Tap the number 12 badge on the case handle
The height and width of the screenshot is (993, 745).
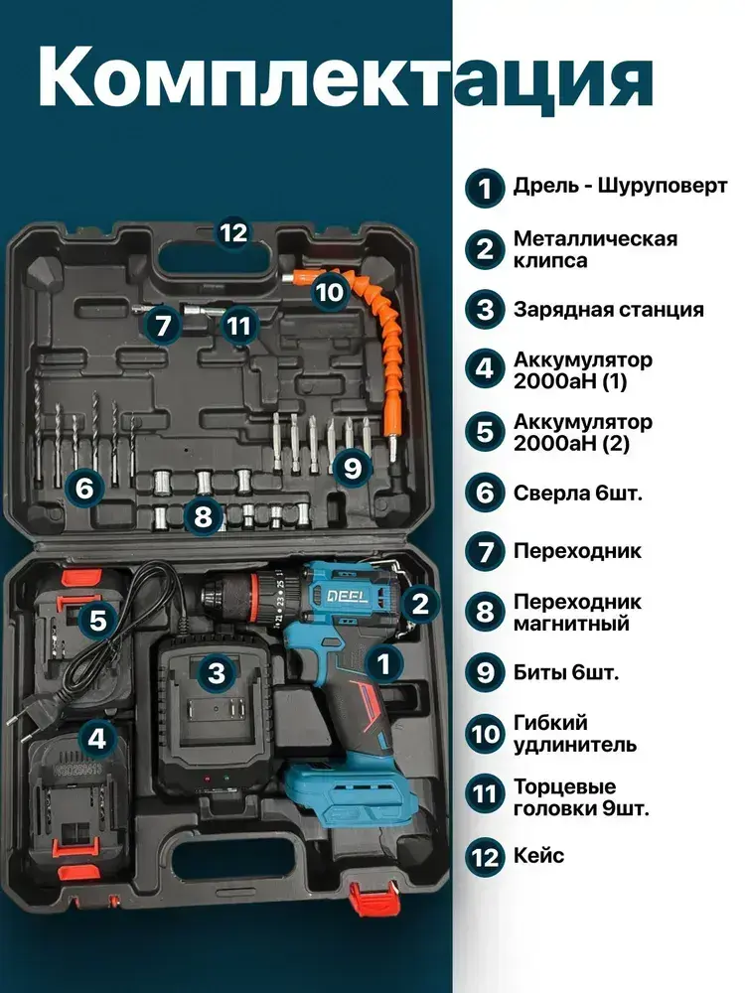232,233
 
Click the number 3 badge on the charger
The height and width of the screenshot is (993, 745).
217,672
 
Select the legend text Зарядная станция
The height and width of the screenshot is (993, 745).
608,310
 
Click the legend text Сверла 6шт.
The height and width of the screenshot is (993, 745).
578,493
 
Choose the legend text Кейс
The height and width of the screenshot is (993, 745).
538,856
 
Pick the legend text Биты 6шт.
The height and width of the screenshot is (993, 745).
566,672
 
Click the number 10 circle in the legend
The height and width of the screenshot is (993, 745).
485,735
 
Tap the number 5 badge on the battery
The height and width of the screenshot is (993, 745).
97,620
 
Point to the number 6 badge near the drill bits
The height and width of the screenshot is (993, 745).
84,489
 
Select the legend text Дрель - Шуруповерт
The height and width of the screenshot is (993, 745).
620,187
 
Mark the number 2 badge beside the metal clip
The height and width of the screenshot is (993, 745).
420,604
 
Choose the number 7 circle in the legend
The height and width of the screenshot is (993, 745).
485,551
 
